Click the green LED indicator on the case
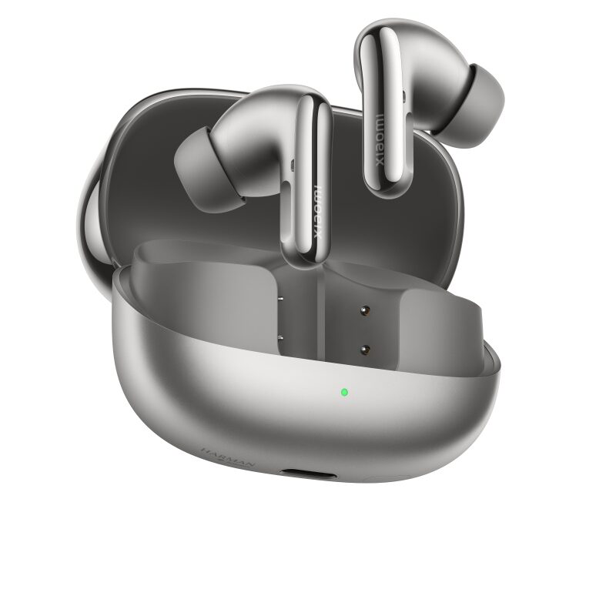343,392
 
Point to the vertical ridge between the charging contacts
323,323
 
